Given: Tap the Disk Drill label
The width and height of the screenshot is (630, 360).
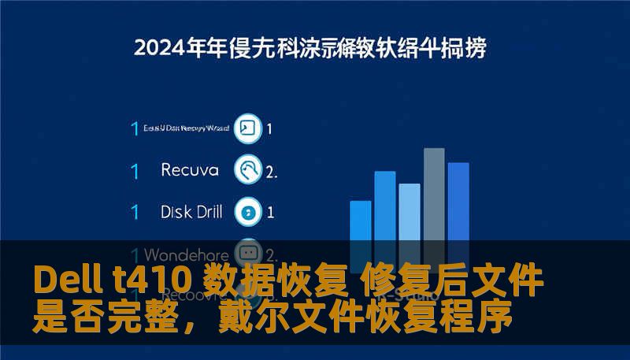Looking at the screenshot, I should coord(191,211).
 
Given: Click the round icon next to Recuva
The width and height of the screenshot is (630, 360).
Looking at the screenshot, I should coord(249,169).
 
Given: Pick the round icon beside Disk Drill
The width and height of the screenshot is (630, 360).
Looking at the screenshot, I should coord(249,211).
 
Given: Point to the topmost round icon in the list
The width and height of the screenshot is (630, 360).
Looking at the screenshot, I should coord(249,128).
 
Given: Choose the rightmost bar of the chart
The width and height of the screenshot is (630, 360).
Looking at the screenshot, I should coord(458,201).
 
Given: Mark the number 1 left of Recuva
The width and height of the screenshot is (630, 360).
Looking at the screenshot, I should coord(135,170).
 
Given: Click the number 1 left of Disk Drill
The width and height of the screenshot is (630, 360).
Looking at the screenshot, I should coord(135,212).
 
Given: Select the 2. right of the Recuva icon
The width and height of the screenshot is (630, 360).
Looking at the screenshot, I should coord(272,170).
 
